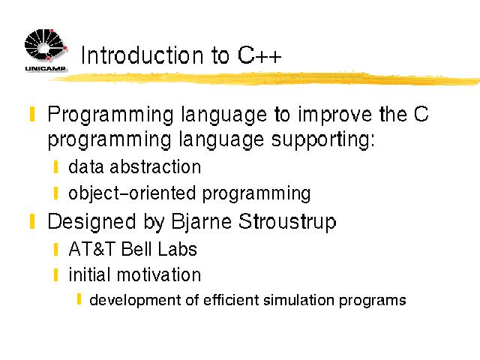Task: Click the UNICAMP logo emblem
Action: (x=46, y=45)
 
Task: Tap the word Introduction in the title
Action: (x=142, y=55)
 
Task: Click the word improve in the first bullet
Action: (x=335, y=115)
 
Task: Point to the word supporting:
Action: (x=322, y=140)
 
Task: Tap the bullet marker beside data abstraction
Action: (x=55, y=166)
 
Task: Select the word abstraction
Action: (x=155, y=167)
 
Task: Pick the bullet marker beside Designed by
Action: (x=32, y=222)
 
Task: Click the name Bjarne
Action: (x=201, y=222)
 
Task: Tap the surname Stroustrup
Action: (x=287, y=222)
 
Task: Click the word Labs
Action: (x=177, y=249)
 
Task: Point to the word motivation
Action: (x=159, y=274)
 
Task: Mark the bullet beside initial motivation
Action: (x=55, y=275)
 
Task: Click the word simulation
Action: (x=298, y=300)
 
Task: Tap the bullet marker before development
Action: (x=79, y=299)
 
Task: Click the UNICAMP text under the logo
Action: (x=45, y=68)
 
